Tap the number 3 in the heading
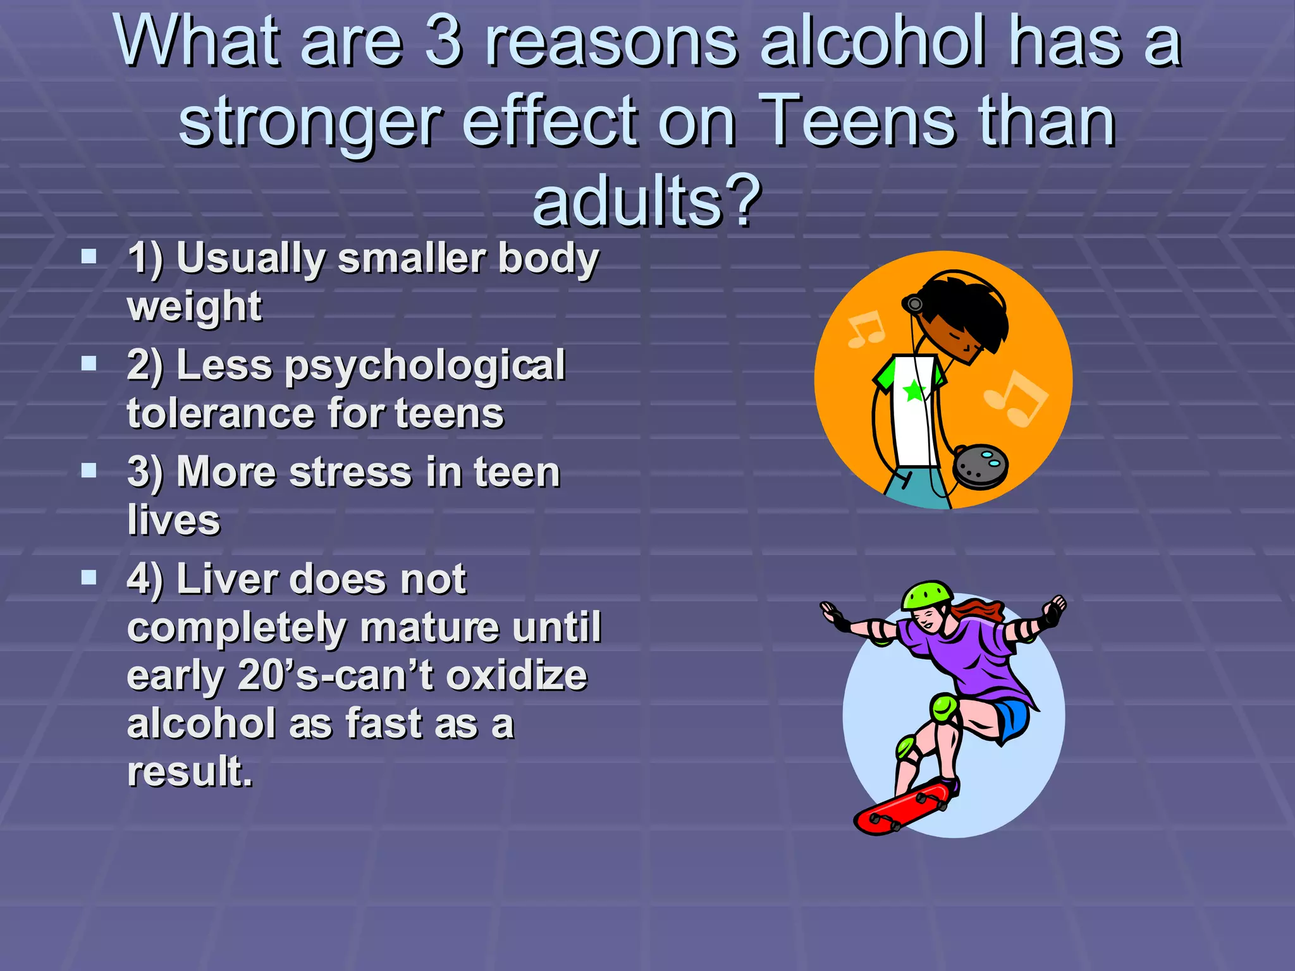pyautogui.click(x=443, y=41)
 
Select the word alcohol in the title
pyautogui.click(x=873, y=41)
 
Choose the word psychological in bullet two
pyautogui.click(x=425, y=366)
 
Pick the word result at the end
pyautogui.click(x=189, y=771)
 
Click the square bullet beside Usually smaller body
pyautogui.click(x=89, y=256)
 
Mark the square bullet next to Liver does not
pyautogui.click(x=89, y=577)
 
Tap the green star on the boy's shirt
pyautogui.click(x=914, y=391)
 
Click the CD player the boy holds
pyautogui.click(x=980, y=467)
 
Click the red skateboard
pyautogui.click(x=901, y=808)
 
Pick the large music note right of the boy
pyautogui.click(x=1016, y=398)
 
